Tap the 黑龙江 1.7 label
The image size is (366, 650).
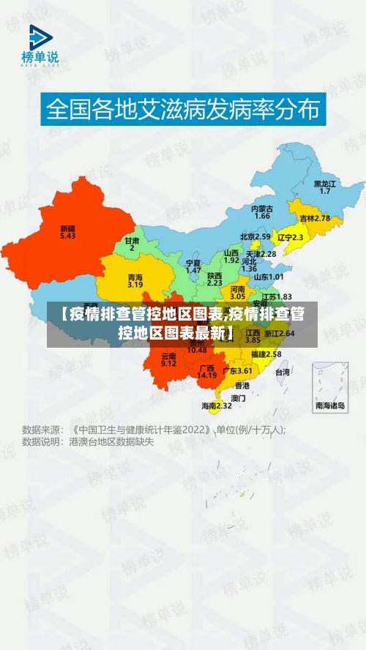[x=325, y=187]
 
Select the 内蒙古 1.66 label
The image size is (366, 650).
[x=262, y=212]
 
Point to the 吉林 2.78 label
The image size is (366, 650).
[x=315, y=218]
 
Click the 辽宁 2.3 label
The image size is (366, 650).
[x=291, y=237]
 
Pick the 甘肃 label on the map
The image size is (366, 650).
[x=132, y=244]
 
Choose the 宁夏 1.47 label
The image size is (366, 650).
[x=193, y=266]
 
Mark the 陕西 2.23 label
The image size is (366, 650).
[x=214, y=278]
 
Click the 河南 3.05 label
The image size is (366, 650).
[x=238, y=293]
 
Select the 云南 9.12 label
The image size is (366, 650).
[x=168, y=359]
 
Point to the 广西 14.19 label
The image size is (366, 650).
[x=207, y=371]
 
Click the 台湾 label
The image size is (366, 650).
[x=283, y=372]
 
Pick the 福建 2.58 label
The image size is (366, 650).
[x=266, y=354]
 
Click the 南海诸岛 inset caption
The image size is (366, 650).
[x=330, y=406]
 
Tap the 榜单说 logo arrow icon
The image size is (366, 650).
[x=41, y=37]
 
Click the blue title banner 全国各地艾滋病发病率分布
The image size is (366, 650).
[x=183, y=110]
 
